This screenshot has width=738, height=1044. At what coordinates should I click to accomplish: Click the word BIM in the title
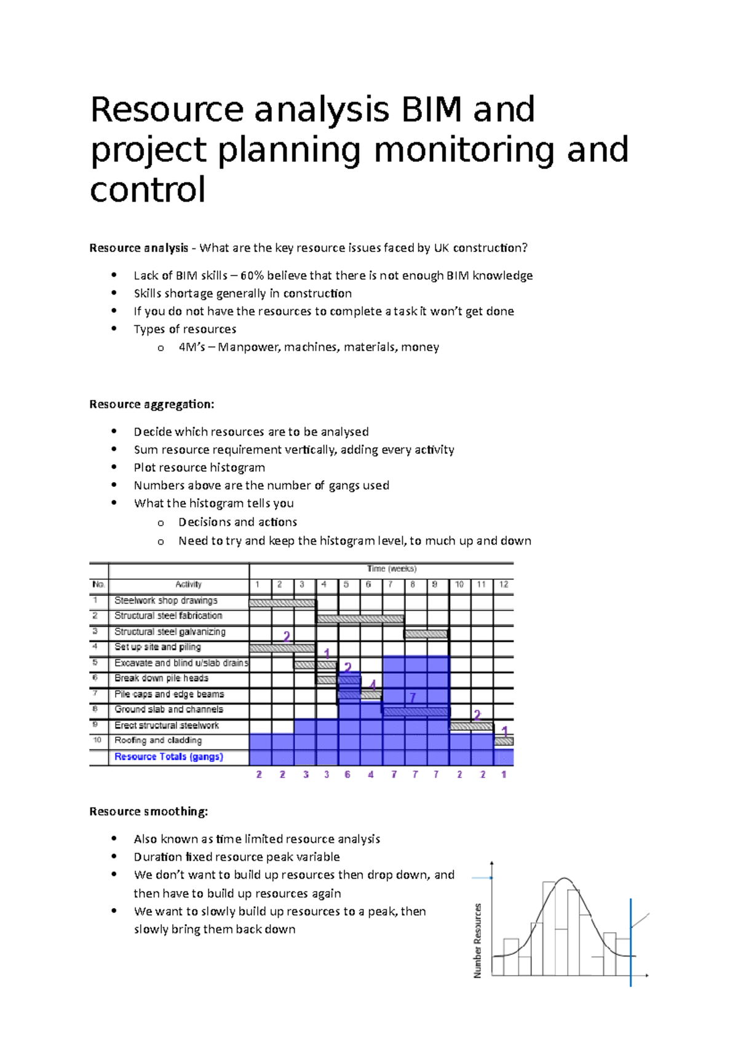coord(430,109)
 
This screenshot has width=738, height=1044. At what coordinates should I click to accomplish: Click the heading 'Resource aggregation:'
coord(151,404)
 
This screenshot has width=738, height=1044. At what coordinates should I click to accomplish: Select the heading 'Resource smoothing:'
coord(148,811)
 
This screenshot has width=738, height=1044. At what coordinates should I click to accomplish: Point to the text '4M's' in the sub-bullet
coord(191,347)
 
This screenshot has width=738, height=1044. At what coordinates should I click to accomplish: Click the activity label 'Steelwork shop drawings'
coord(165,600)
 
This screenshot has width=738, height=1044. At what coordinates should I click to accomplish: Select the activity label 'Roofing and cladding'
coord(158,740)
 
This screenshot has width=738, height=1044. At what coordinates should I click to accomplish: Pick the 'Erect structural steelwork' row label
coord(166,725)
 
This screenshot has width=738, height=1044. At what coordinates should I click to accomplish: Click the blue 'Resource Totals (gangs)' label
coord(169,756)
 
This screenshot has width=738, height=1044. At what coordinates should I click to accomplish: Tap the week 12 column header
coord(503,584)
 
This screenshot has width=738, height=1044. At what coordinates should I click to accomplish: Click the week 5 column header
coord(346,584)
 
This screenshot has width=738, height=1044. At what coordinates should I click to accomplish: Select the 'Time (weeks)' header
coord(391,569)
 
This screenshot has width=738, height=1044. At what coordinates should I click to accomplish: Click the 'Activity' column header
coord(188,584)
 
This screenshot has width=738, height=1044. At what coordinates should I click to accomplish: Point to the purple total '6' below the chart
coord(347,775)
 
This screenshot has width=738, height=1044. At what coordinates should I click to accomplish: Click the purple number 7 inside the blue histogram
coord(413,697)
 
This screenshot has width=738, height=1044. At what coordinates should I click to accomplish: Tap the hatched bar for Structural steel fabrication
coord(360,619)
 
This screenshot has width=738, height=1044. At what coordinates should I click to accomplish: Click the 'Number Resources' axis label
coord(477,940)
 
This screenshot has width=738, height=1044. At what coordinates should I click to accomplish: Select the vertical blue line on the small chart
coord(630,941)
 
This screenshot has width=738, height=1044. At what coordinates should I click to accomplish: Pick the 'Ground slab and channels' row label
coord(169,709)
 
